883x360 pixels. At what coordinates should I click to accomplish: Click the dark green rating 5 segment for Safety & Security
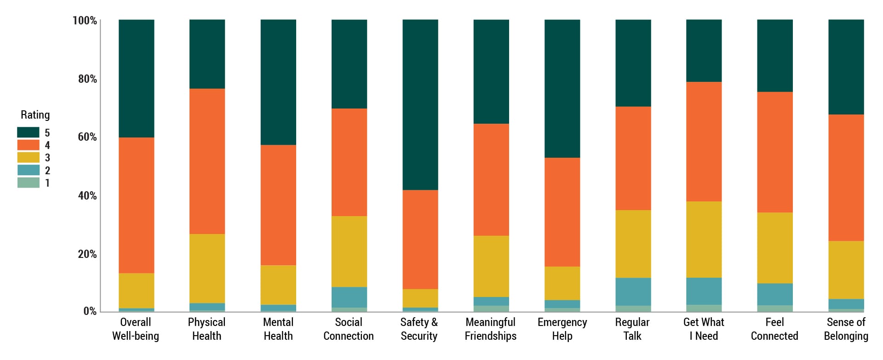420,105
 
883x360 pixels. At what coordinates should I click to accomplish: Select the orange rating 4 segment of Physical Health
207,161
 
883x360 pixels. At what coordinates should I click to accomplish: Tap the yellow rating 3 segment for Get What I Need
704,239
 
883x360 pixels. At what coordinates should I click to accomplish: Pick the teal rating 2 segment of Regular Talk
633,291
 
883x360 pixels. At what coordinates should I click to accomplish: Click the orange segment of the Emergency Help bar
562,212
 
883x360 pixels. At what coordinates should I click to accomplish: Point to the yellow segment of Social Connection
349,251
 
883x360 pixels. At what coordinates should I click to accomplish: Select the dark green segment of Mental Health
278,82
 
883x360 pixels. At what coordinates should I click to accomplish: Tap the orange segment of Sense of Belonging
846,177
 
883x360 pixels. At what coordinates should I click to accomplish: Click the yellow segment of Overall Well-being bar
136,291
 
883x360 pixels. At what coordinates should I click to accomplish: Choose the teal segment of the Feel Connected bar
774,294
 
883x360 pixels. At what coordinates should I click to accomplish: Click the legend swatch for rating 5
28,133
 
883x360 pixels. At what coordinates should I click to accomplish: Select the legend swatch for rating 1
28,183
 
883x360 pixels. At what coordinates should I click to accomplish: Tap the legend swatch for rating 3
28,158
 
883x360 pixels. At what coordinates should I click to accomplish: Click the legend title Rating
35,115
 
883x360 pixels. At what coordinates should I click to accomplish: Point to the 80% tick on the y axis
87,79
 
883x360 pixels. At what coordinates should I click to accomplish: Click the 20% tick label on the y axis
87,254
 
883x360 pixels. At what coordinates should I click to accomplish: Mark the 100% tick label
85,21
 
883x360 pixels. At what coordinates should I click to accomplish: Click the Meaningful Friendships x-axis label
490,329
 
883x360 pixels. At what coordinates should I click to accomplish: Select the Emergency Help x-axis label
562,329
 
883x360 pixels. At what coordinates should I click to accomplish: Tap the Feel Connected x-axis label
774,329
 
